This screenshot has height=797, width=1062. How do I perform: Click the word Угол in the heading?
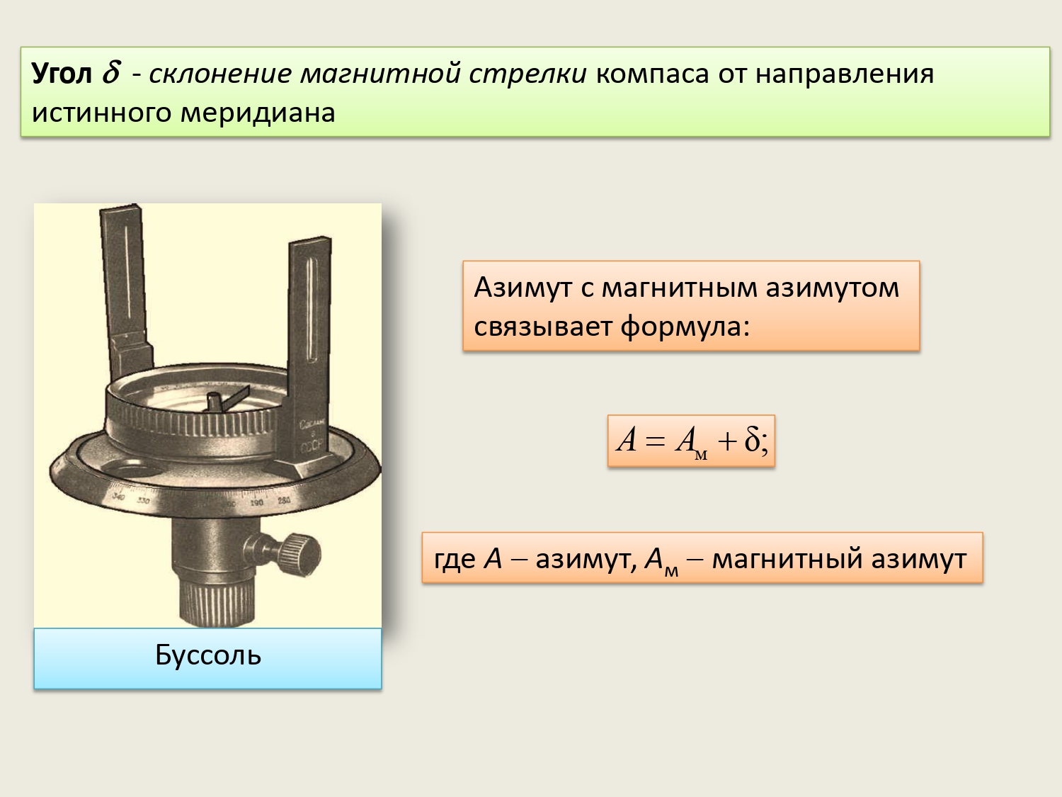point(62,74)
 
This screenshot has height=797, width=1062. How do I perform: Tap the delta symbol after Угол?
point(110,72)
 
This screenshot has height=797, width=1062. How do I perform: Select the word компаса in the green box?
point(652,75)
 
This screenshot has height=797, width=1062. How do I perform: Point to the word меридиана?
point(258,113)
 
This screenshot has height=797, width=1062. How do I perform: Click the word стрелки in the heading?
point(527,75)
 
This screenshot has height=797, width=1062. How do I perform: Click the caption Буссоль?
point(208,655)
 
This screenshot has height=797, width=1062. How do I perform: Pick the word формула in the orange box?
point(685,326)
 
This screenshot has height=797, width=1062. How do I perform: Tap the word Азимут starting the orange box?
point(524,288)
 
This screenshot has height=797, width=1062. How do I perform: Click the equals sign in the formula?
point(656,441)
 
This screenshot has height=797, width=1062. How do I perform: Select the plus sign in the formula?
point(727,441)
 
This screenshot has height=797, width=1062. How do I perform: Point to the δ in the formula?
point(752,439)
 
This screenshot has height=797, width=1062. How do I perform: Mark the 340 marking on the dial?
point(118,496)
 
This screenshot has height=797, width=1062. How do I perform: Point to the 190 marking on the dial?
point(256,503)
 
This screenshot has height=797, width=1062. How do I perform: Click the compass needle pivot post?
point(214,402)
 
